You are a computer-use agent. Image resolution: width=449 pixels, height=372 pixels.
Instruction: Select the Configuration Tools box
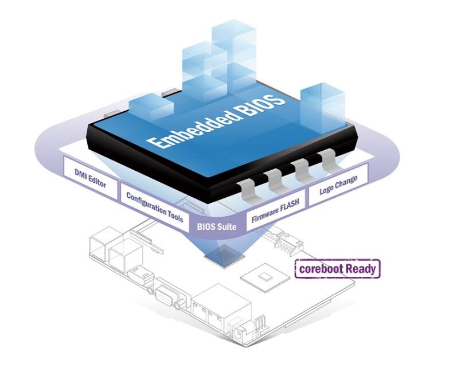click(x=154, y=206)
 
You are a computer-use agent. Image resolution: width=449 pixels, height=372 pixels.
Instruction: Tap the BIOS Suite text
click(x=216, y=227)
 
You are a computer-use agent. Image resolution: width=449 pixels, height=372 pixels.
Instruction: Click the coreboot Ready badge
click(x=337, y=268)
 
